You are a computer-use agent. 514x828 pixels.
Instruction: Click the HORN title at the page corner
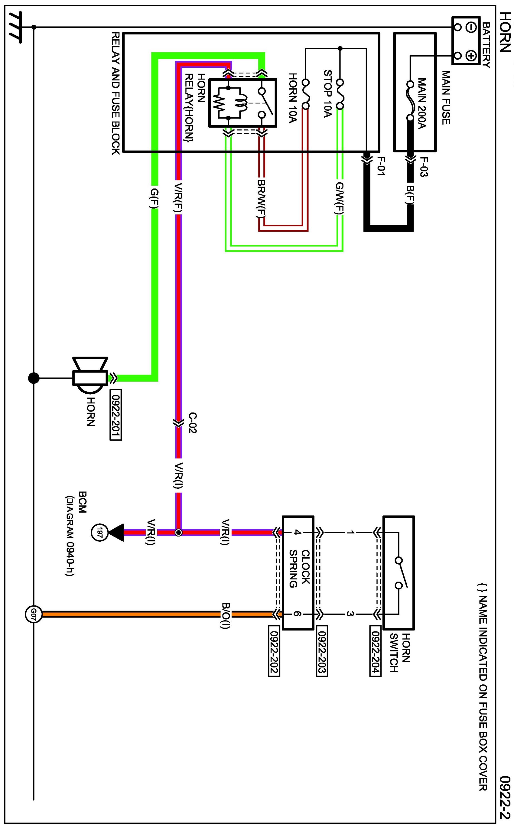tap(505, 32)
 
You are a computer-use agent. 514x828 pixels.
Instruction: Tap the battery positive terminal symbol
tap(471, 55)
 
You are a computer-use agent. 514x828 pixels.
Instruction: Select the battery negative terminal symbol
tap(471, 27)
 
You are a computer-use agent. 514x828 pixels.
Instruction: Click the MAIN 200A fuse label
tap(422, 104)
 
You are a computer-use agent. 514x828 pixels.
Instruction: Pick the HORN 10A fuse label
tap(293, 97)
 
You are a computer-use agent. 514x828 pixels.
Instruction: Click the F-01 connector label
tap(380, 166)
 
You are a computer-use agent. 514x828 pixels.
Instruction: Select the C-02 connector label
tap(193, 423)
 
